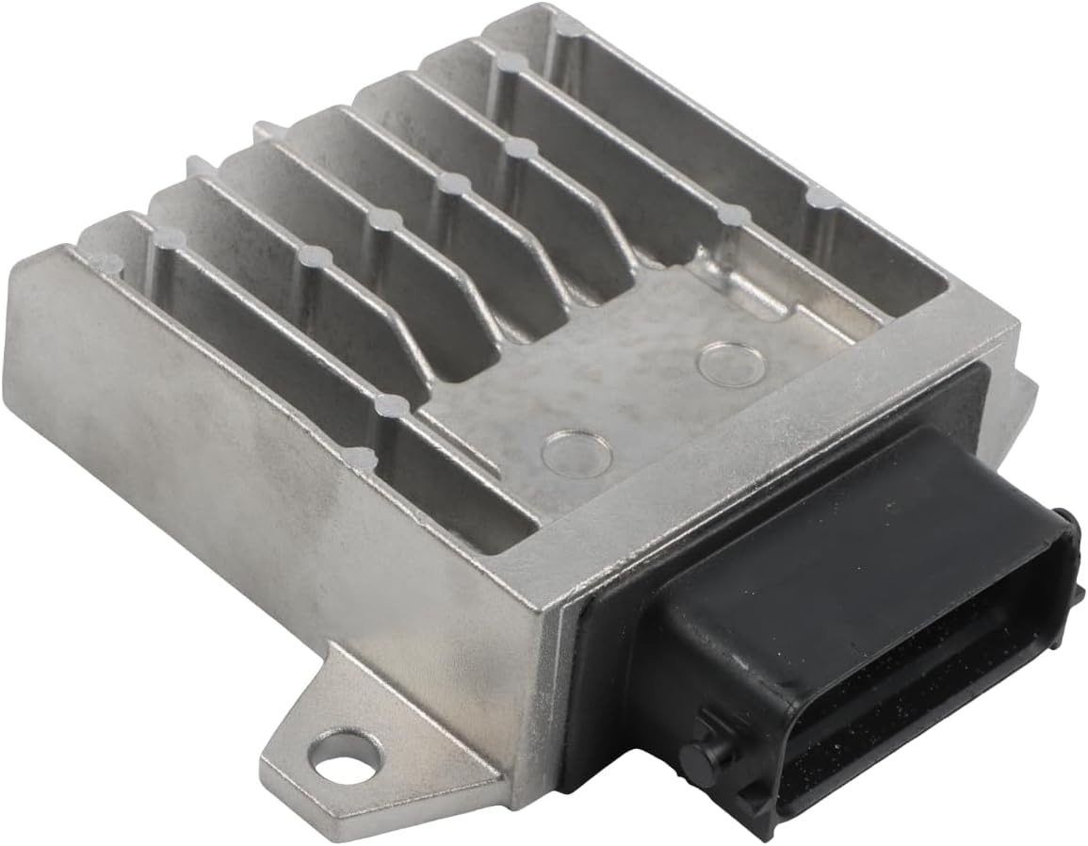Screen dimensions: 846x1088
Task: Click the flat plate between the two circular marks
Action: (x=650, y=396)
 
